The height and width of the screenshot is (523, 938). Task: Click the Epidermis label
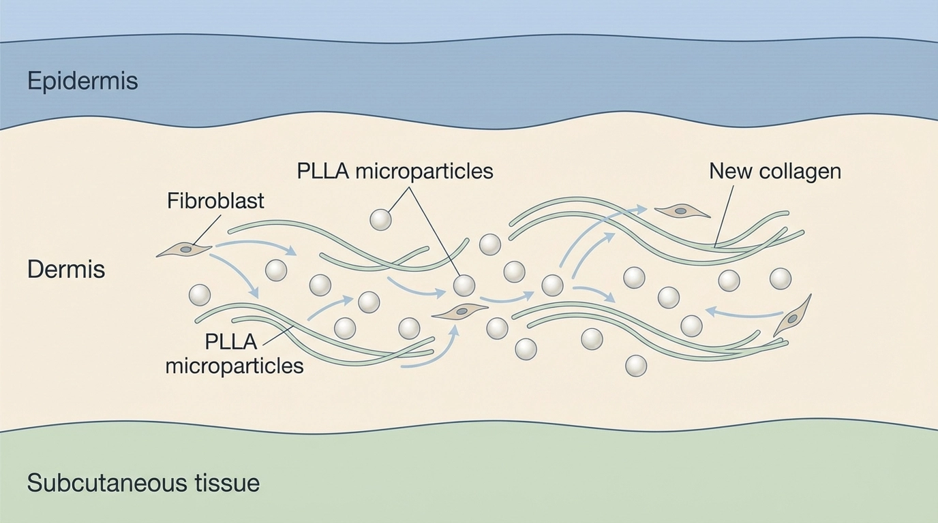82,81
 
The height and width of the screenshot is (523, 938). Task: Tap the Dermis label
66,270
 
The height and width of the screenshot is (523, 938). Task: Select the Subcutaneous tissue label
143,484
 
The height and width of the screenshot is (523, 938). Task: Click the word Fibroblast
215,201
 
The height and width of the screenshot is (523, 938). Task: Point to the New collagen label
775,170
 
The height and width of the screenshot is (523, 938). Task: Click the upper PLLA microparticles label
395,170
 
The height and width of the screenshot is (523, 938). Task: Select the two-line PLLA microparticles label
234,353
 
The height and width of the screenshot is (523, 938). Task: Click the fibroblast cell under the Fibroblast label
184,251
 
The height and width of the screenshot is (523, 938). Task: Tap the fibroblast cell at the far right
793,317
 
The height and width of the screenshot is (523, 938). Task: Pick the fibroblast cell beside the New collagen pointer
681,212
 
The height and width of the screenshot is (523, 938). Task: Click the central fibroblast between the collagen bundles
461,312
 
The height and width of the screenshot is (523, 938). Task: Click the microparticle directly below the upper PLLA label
380,219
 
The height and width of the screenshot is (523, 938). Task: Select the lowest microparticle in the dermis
635,366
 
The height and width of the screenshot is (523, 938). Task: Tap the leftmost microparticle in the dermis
200,295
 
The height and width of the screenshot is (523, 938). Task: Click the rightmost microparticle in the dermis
780,278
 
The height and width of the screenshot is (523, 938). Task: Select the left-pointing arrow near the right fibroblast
743,313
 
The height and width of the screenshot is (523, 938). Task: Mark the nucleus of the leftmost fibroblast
186,250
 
